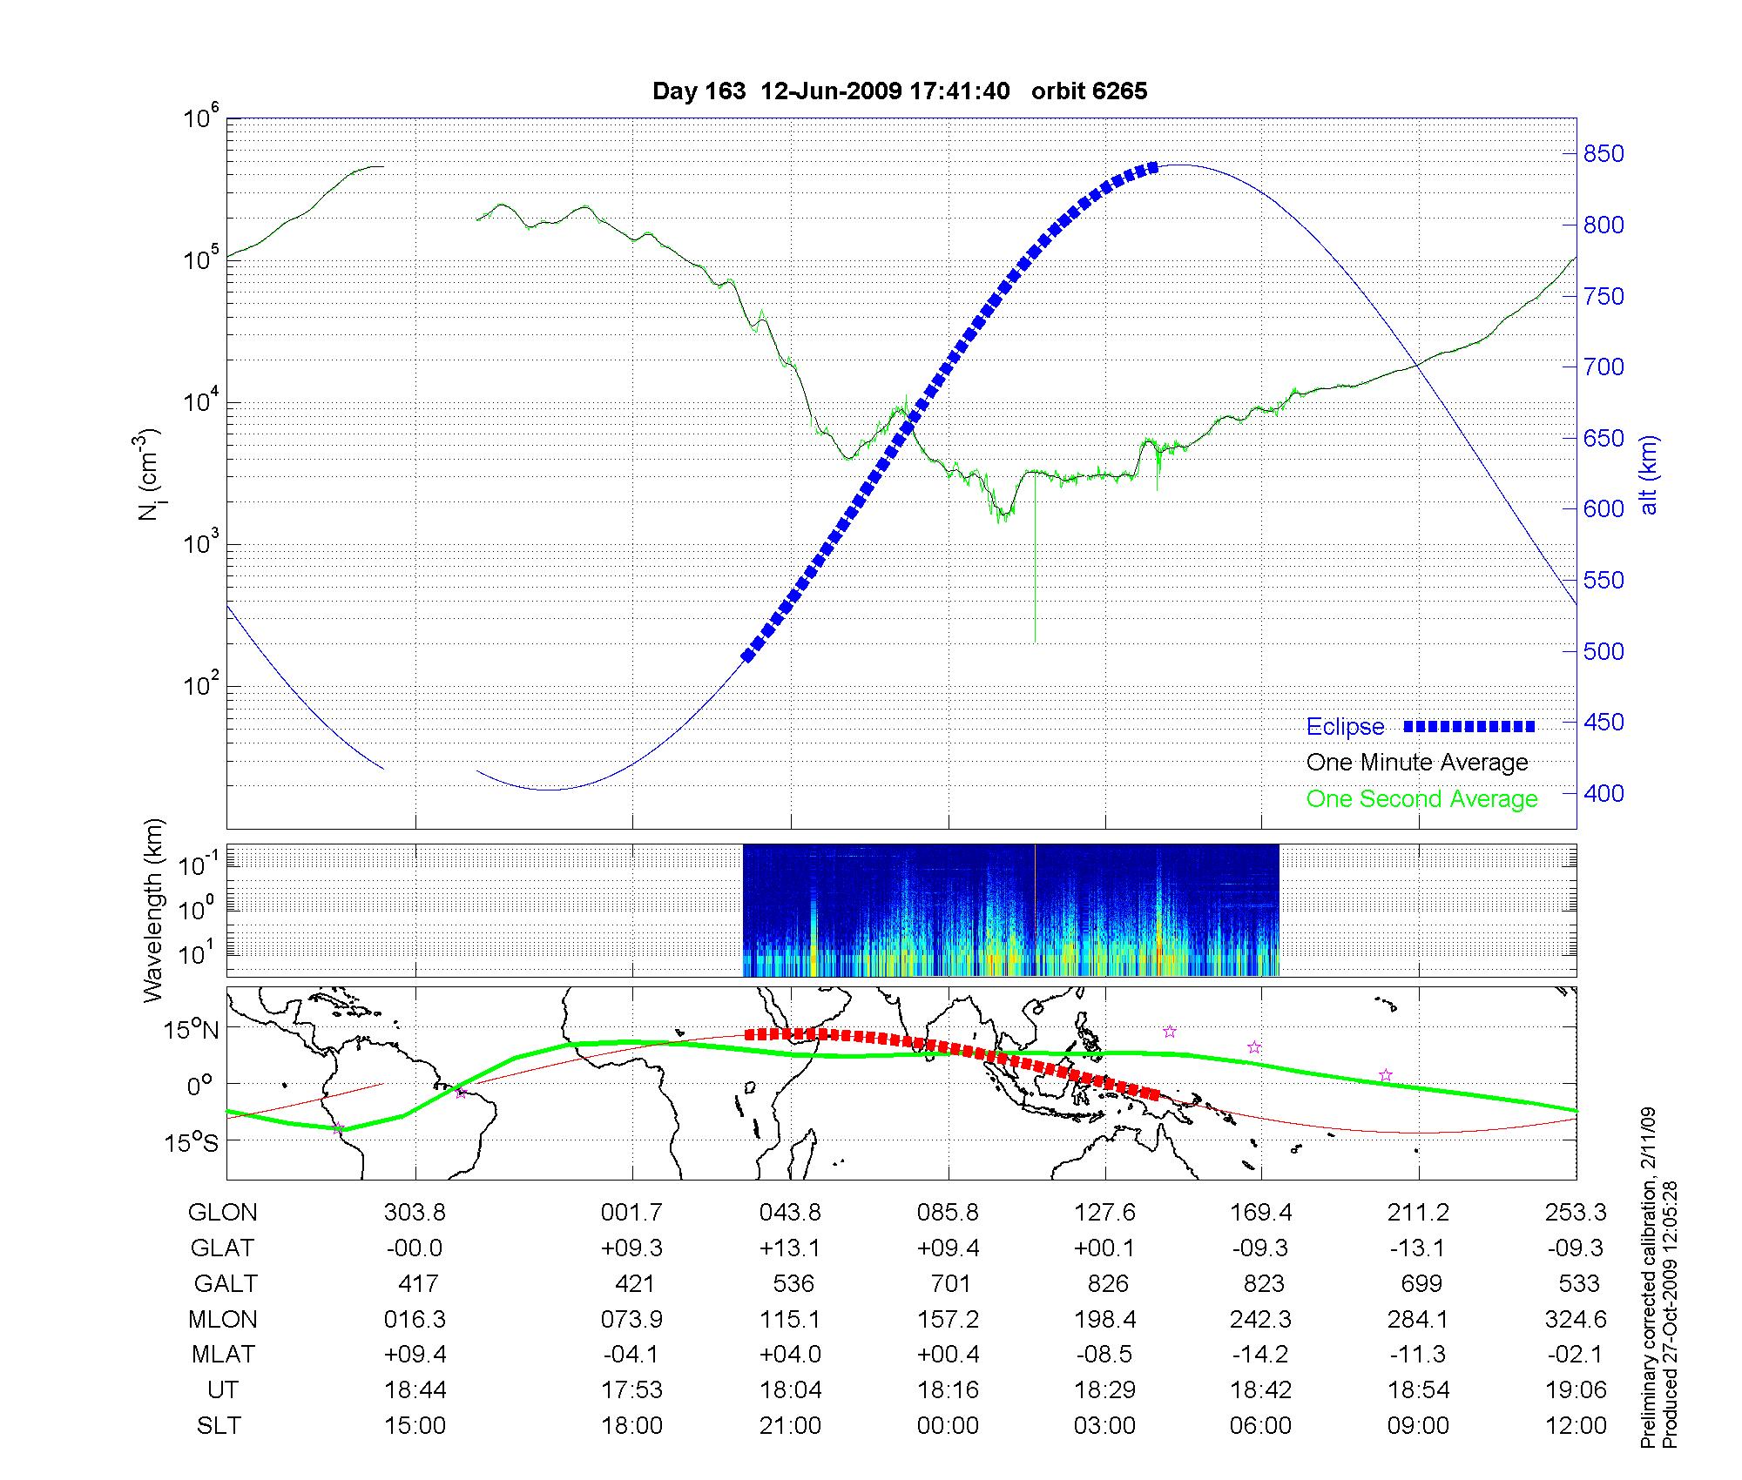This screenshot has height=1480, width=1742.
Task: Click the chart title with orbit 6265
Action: pos(900,91)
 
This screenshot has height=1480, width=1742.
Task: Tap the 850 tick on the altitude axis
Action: pos(1604,154)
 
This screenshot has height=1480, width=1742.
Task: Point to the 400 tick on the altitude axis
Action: pos(1604,793)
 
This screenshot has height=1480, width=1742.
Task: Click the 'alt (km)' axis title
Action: pos(1649,475)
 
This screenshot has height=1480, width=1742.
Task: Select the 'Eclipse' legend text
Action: pos(1345,727)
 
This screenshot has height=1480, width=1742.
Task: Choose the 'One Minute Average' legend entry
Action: pos(1417,763)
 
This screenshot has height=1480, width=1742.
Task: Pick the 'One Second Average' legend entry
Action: pos(1421,799)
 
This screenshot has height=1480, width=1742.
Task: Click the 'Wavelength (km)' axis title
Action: pos(153,910)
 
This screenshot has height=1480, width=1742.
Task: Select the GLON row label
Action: pos(223,1213)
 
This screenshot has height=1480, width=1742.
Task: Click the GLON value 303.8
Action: pos(415,1213)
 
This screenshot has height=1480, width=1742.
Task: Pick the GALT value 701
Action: pos(949,1284)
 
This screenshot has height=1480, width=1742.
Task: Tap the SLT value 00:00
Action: pos(948,1426)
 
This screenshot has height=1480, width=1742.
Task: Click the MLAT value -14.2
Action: pos(1260,1355)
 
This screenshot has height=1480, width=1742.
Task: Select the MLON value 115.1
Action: pos(789,1320)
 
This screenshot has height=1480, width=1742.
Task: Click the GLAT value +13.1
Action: pos(789,1248)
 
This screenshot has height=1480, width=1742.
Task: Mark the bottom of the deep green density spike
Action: pos(1035,642)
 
